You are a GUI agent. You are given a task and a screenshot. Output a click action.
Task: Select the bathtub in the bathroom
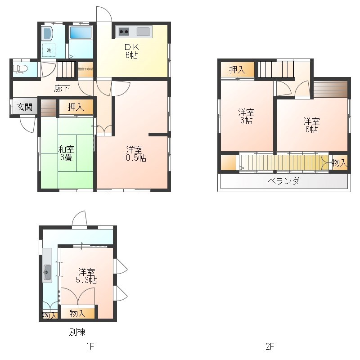[81, 32]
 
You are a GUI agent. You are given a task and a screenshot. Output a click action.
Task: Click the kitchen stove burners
[123, 31]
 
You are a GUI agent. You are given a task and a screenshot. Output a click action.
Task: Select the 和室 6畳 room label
[67, 153]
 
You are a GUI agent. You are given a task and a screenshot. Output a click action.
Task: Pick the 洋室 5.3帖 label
[87, 276]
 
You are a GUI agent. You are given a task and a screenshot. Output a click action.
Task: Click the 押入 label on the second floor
[237, 70]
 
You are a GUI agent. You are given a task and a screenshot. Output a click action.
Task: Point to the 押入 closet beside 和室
[75, 107]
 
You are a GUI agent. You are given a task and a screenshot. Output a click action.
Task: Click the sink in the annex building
[47, 270]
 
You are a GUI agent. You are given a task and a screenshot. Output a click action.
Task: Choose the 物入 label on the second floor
[339, 162]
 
